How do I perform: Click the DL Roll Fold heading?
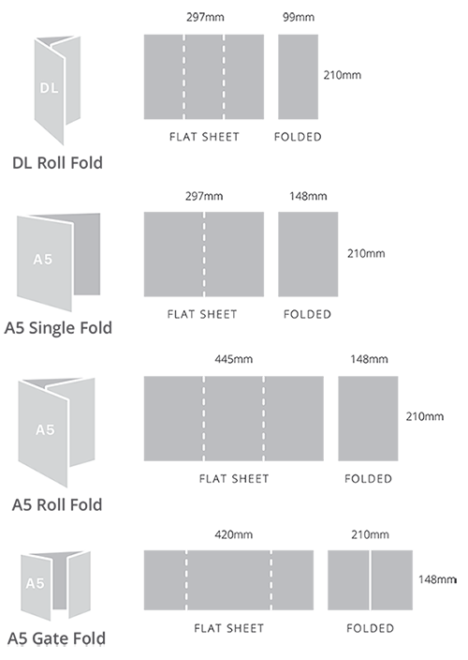pyautogui.click(x=57, y=163)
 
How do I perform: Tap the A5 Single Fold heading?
pyautogui.click(x=58, y=328)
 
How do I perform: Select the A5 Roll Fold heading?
pyautogui.click(x=57, y=504)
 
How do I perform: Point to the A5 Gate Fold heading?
pyautogui.click(x=57, y=638)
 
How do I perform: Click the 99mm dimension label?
pyautogui.click(x=299, y=17)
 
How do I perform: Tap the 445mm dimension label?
pyautogui.click(x=234, y=359)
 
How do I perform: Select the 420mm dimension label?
pyautogui.click(x=234, y=534)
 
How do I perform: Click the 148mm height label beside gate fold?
pyautogui.click(x=437, y=579)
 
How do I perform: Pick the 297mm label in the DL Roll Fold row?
pyautogui.click(x=205, y=17)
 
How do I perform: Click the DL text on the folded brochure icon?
pyautogui.click(x=49, y=88)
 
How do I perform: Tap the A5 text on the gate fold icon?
pyautogui.click(x=35, y=583)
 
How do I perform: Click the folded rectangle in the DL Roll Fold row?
pyautogui.click(x=299, y=77)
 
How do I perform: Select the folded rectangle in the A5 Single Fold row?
pyautogui.click(x=308, y=254)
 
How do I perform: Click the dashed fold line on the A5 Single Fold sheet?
pyautogui.click(x=204, y=254)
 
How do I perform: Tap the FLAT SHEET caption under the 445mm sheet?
pyautogui.click(x=234, y=478)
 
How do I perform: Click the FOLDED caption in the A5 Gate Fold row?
pyautogui.click(x=370, y=628)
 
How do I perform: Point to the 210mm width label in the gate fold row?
pyautogui.click(x=370, y=534)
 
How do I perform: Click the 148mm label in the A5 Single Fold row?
pyautogui.click(x=308, y=196)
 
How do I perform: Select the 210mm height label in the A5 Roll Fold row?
pyautogui.click(x=425, y=416)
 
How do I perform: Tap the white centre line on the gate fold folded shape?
pyautogui.click(x=370, y=580)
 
